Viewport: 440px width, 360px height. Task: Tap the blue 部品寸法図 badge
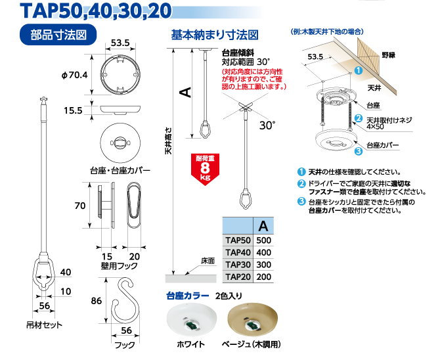pyautogui.click(x=58, y=35)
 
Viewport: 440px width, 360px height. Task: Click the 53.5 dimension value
pyautogui.click(x=315, y=57)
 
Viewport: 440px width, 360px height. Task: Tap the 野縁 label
pyautogui.click(x=389, y=56)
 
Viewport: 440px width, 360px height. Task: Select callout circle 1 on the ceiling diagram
pyautogui.click(x=359, y=70)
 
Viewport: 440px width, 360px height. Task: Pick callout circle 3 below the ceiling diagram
pyautogui.click(x=359, y=152)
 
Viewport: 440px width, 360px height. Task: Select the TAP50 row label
pyautogui.click(x=238, y=241)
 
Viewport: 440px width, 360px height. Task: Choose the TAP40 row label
pyautogui.click(x=238, y=253)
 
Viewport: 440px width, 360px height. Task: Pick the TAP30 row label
pyautogui.click(x=238, y=265)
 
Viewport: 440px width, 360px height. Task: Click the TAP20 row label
pyautogui.click(x=238, y=277)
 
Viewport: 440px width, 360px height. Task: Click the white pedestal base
pyautogui.click(x=192, y=320)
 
